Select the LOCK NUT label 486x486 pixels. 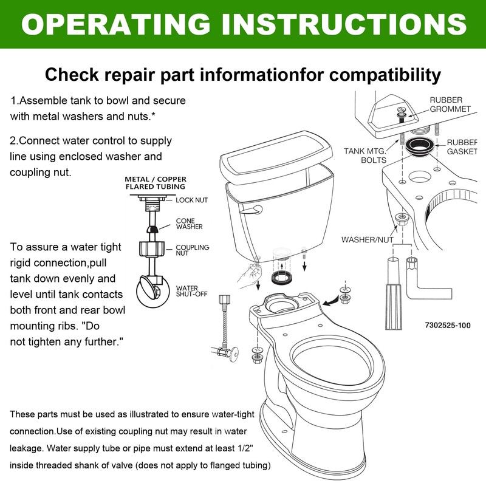click(193, 199)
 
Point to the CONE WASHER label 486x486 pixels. click(189, 224)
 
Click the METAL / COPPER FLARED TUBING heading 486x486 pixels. click(156, 183)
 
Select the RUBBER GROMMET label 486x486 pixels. click(450, 104)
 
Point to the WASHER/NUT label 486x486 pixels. click(367, 239)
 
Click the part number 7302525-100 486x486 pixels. click(448, 325)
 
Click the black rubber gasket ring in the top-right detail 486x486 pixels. click(419, 146)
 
